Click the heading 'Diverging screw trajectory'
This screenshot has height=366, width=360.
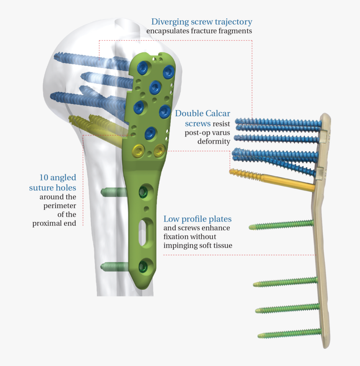pyautogui.click(x=202, y=22)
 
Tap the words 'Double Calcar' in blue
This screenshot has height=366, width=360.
pyautogui.click(x=203, y=113)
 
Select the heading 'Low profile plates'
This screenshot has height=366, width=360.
pyautogui.click(x=198, y=219)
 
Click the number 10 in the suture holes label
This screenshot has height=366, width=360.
pyautogui.click(x=44, y=178)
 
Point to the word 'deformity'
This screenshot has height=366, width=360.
pyautogui.click(x=214, y=142)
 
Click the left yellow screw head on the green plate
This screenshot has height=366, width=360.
pyautogui.click(x=139, y=150)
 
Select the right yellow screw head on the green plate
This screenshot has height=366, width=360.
pyautogui.click(x=159, y=150)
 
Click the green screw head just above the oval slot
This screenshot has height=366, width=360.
pyautogui.click(x=143, y=192)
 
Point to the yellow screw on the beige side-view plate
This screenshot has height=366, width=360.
pyautogui.click(x=272, y=180)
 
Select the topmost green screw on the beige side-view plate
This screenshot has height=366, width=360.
pyautogui.click(x=281, y=224)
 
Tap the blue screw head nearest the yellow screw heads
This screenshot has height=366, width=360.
pyautogui.click(x=150, y=134)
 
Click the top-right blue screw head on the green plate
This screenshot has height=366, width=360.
pyautogui.click(x=168, y=72)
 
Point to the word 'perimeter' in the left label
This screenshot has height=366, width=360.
pyautogui.click(x=60, y=206)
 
